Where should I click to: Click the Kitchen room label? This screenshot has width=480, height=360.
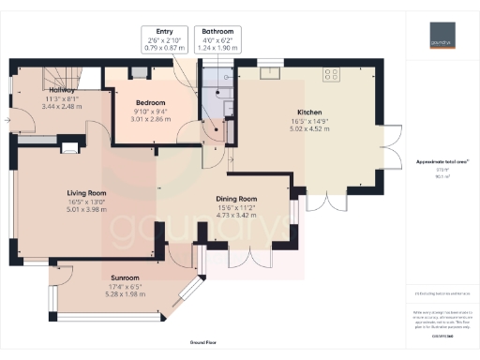[309, 111]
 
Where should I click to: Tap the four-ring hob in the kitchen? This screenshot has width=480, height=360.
[331, 71]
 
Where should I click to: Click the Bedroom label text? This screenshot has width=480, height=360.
[149, 102]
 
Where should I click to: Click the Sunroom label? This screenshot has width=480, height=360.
[124, 277]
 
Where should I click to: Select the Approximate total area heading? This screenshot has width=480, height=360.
[442, 162]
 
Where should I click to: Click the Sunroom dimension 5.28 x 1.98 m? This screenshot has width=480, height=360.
[124, 294]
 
